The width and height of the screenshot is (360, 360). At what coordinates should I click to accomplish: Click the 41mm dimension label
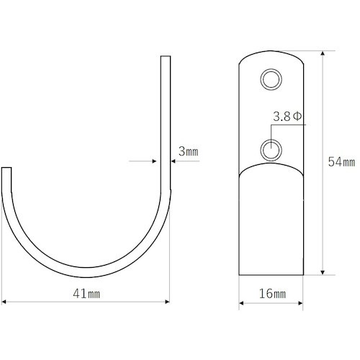[86, 294]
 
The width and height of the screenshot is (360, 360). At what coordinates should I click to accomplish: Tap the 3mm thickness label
[189, 151]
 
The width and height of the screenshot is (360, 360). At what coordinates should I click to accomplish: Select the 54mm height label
[341, 161]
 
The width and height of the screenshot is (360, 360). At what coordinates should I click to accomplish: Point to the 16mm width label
[272, 294]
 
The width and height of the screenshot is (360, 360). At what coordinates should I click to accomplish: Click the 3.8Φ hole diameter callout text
[287, 117]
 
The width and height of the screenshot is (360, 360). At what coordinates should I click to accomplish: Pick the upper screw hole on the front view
[271, 79]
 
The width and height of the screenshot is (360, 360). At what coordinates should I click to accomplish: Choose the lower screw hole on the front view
[271, 150]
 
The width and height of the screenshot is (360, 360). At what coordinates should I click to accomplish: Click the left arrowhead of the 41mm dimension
[4, 302]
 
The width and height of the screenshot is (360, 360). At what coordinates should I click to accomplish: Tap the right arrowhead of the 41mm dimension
[168, 302]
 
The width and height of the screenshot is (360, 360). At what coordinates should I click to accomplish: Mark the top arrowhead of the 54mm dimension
[323, 53]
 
